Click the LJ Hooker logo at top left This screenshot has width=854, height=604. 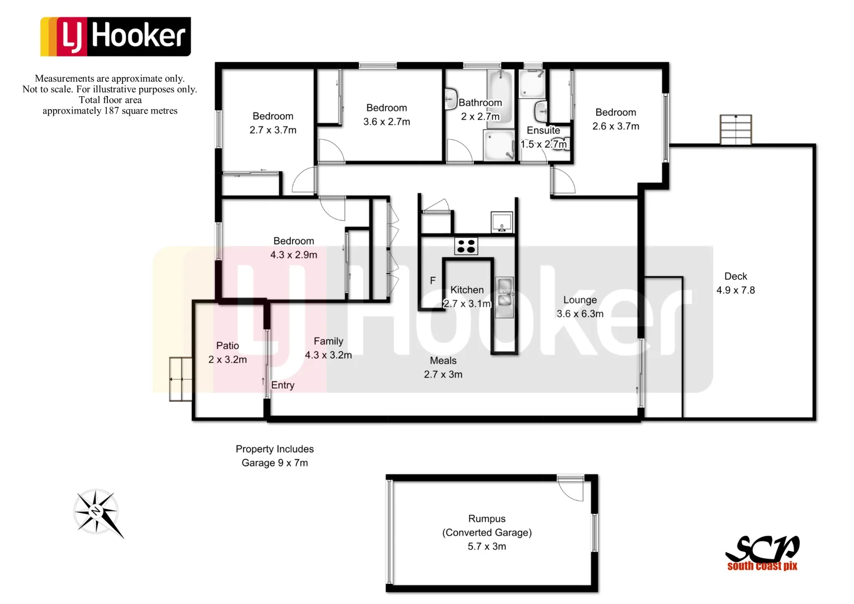(x=115, y=36)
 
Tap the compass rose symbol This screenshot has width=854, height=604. (x=97, y=512)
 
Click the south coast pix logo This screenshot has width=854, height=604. (x=762, y=554)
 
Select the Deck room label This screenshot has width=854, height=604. (x=735, y=276)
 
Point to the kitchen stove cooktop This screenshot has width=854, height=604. (x=466, y=246)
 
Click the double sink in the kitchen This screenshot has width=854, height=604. (x=505, y=297)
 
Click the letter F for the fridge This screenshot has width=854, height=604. (x=432, y=281)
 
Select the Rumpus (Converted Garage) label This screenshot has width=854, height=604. (x=487, y=526)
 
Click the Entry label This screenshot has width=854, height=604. (x=282, y=385)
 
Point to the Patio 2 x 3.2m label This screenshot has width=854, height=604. (x=228, y=353)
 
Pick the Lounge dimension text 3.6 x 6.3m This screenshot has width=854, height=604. (x=580, y=314)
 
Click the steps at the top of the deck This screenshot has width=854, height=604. (x=735, y=130)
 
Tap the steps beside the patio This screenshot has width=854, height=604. (x=181, y=379)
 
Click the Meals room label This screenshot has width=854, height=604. (x=443, y=361)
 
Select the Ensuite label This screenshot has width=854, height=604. (x=543, y=130)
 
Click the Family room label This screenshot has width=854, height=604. (x=328, y=341)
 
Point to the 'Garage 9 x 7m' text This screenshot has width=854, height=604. (x=275, y=463)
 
